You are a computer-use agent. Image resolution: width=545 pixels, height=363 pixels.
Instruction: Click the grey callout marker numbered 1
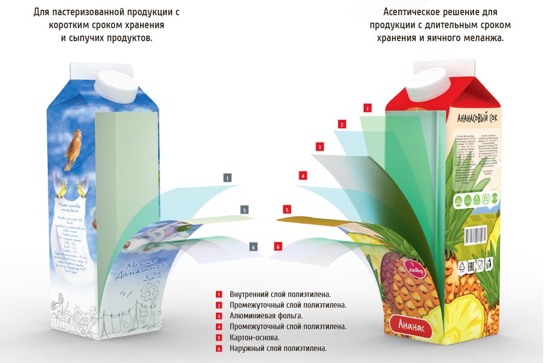click(227, 178)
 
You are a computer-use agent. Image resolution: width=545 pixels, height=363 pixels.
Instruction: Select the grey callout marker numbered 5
click(244, 210)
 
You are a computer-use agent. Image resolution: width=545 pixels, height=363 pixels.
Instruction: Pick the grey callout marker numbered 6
click(253, 247)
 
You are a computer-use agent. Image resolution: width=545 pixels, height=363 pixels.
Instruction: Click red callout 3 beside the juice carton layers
click(319, 147)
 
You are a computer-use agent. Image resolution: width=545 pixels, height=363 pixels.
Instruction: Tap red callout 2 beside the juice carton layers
click(342, 125)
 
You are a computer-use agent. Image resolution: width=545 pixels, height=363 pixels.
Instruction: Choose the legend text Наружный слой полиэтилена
click(278, 348)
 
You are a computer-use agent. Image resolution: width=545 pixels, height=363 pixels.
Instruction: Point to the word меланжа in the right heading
click(483, 38)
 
